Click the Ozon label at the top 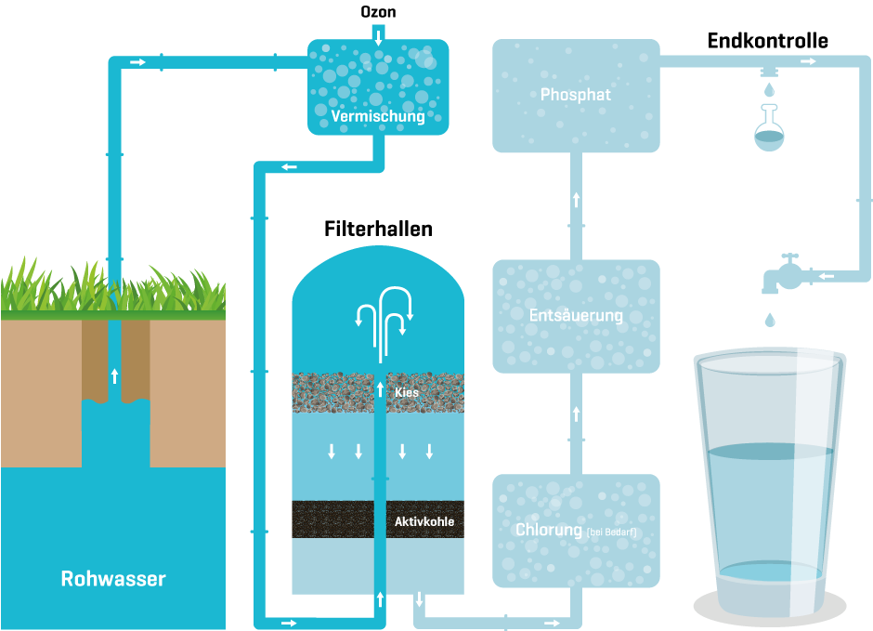(x=378, y=12)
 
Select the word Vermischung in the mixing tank (x=378, y=117)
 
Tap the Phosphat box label (x=576, y=95)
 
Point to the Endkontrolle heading (x=767, y=41)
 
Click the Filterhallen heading (x=378, y=229)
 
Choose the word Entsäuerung (x=576, y=316)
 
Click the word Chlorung (x=548, y=530)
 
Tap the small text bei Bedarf (x=612, y=532)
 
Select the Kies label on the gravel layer (x=407, y=393)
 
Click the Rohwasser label (x=113, y=579)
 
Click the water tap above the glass (x=781, y=272)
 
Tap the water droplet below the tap (x=769, y=321)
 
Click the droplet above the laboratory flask (x=768, y=90)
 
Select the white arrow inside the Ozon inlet (x=378, y=35)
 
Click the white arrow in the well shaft (x=114, y=375)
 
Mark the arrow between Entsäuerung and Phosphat (x=576, y=200)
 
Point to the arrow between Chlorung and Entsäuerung (x=576, y=414)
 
